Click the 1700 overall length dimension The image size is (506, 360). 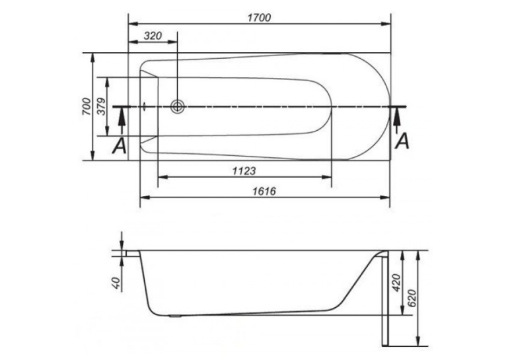pos(259,17)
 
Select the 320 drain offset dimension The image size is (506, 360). pos(153,36)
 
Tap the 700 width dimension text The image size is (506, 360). pos(87,106)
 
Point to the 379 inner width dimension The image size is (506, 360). pos(101,106)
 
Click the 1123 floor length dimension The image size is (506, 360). pos(244,170)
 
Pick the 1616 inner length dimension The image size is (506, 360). pos(264,191)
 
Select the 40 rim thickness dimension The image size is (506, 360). pos(117,283)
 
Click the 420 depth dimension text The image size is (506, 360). pos(396,283)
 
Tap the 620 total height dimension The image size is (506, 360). pos(412,298)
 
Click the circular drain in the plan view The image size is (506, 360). pos(178,106)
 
